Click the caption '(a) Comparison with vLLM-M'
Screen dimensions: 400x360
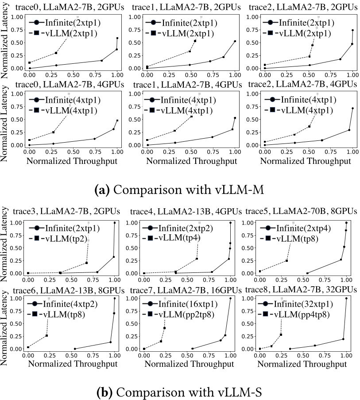(x=180, y=190)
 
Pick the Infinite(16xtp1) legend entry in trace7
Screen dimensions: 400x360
(x=186, y=303)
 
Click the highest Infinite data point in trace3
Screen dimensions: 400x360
(x=115, y=223)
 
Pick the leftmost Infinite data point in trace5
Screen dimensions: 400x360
(x=307, y=273)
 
